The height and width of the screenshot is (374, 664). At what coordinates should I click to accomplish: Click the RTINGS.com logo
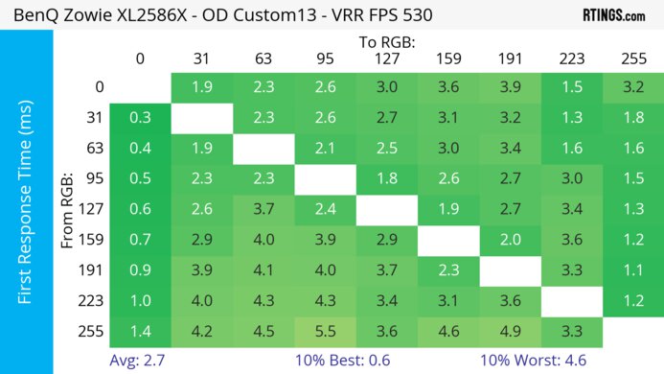613,15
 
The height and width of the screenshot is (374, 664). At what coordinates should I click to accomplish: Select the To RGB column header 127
385,58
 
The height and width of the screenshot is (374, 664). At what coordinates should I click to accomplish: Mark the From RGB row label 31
92,118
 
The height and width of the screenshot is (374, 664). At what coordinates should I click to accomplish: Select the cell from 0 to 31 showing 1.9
201,87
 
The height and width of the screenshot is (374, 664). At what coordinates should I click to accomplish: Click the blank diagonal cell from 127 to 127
385,209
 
